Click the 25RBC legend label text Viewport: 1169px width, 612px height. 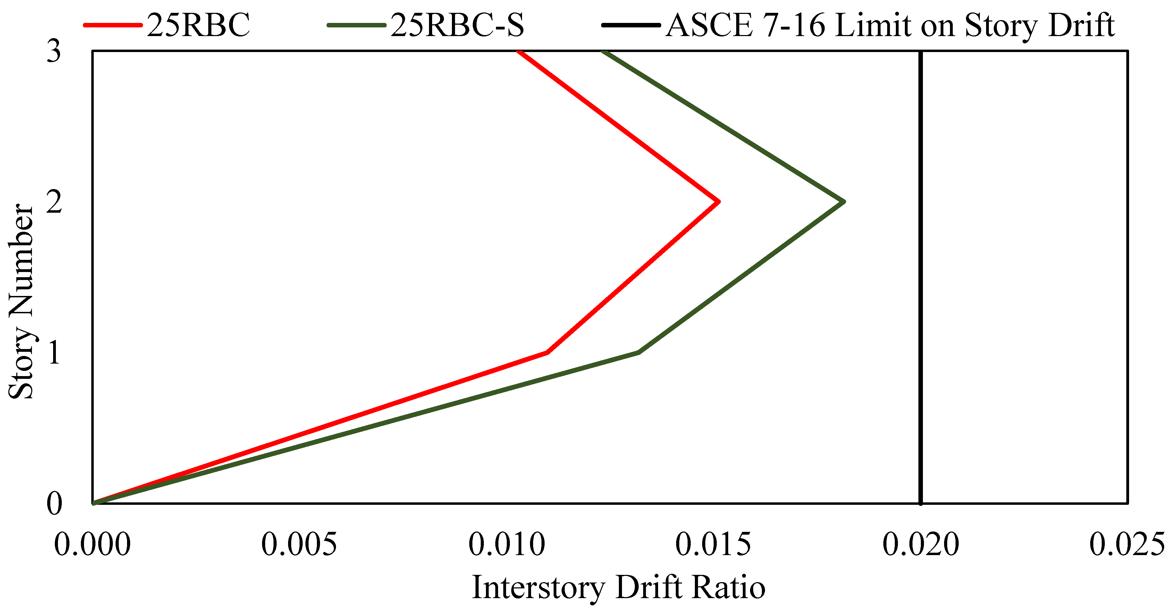click(198, 25)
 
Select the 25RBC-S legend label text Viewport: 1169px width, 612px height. click(457, 25)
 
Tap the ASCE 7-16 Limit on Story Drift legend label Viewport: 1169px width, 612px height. click(890, 25)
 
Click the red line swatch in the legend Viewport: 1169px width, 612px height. click(112, 25)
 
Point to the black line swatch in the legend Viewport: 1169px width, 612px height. click(631, 25)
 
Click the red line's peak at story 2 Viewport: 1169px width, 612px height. click(719, 202)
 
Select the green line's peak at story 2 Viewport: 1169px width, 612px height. click(844, 202)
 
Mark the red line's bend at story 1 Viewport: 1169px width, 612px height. click(548, 352)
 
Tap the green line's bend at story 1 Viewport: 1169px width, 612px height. click(639, 352)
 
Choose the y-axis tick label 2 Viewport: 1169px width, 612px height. click(53, 202)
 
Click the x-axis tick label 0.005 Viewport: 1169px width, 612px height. click(299, 544)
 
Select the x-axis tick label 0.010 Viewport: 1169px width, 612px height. click(506, 544)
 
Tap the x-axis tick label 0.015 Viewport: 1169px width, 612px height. click(713, 544)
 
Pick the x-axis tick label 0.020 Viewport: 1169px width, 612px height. click(921, 544)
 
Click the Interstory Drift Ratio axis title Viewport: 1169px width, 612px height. click(619, 588)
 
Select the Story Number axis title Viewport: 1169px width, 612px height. click(21, 302)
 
